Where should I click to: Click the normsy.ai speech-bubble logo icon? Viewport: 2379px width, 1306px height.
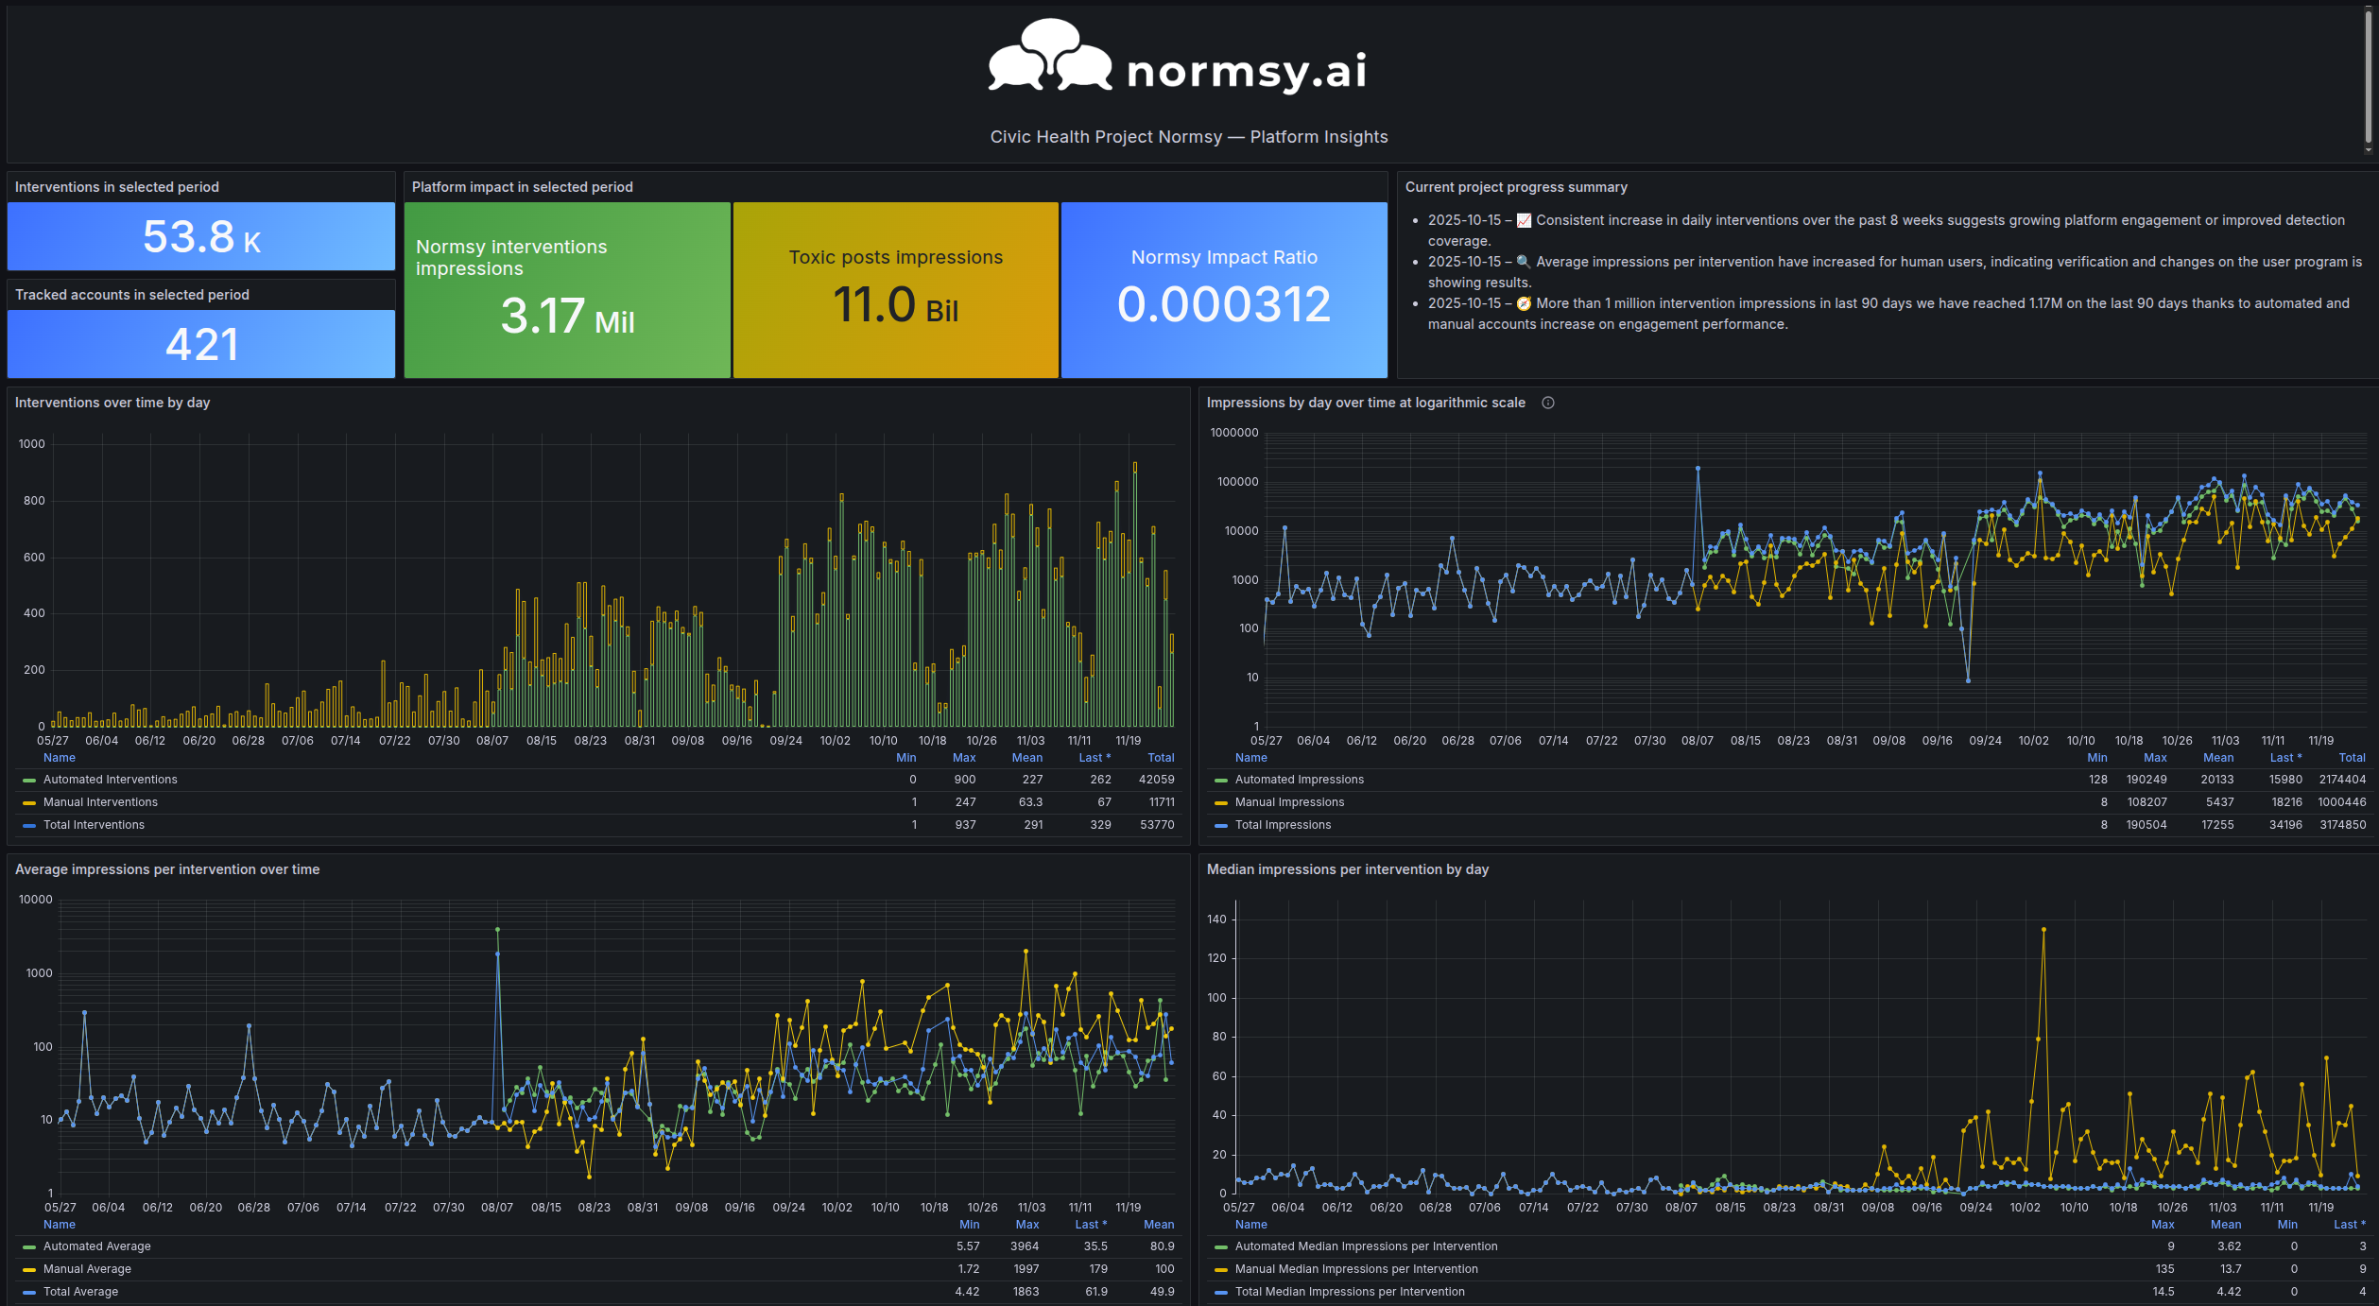[x=1049, y=57]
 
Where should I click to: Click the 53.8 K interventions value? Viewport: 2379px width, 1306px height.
[x=201, y=236]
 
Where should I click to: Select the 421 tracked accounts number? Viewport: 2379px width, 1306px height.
[x=201, y=344]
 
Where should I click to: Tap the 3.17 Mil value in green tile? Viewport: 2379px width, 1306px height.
[x=567, y=316]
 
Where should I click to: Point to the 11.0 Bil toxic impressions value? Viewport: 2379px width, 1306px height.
[x=895, y=305]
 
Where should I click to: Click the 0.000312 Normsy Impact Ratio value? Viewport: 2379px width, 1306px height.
[x=1224, y=304]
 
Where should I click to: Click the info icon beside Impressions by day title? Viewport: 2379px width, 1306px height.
[x=1548, y=403]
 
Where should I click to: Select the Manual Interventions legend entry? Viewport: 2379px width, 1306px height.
[x=100, y=802]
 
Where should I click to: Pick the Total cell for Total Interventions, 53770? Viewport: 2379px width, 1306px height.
[x=1157, y=825]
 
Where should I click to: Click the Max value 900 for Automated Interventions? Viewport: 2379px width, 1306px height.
[x=964, y=780]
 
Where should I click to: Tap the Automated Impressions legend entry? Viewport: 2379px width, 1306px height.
[x=1299, y=780]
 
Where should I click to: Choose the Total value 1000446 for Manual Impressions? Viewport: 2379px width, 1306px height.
[x=2341, y=802]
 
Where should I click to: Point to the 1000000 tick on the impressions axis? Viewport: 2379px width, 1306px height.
[x=1234, y=433]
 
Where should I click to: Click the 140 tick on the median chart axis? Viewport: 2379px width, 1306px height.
[x=1216, y=919]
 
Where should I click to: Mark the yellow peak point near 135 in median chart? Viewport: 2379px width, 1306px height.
[x=2043, y=930]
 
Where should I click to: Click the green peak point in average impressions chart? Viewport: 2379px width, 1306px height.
[x=497, y=930]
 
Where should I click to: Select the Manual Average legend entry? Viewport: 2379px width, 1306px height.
[x=87, y=1269]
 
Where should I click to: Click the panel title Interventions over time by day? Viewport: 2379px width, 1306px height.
[x=112, y=403]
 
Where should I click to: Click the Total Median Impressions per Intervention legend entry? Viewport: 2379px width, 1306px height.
[x=1349, y=1292]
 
